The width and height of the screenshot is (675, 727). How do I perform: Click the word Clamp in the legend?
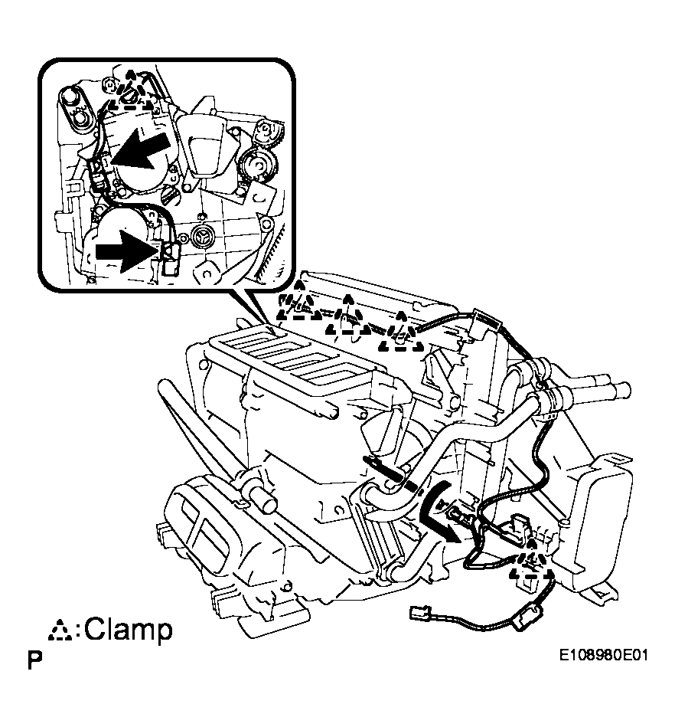coord(129,630)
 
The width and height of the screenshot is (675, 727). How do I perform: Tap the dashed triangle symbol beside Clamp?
coord(60,630)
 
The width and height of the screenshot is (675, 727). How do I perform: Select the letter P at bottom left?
coord(34,660)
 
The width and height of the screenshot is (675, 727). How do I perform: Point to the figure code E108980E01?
coord(603,655)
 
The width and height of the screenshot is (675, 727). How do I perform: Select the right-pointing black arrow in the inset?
coord(126,251)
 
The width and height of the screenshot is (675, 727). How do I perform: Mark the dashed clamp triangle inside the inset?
coord(131,90)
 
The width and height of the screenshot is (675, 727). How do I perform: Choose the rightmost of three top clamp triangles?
coord(401,331)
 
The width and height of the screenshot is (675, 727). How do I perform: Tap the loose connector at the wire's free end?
coord(421,613)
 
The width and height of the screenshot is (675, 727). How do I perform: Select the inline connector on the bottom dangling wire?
coord(526,617)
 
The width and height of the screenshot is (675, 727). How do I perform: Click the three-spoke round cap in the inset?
coord(203,237)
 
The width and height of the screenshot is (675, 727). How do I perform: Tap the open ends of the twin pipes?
coord(621,386)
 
